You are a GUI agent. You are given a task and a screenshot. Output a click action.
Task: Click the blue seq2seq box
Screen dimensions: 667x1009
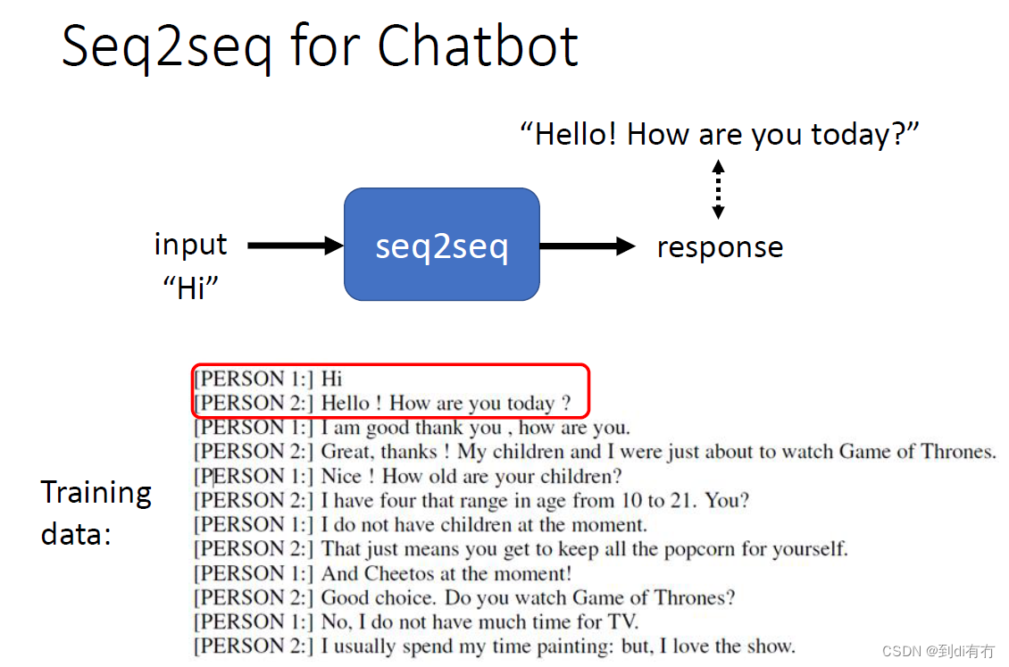pos(441,244)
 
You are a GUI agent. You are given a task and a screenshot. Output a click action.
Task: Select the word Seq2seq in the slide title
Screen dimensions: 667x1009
pos(165,46)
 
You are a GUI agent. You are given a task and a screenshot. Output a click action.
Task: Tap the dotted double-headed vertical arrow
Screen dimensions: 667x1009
pos(718,189)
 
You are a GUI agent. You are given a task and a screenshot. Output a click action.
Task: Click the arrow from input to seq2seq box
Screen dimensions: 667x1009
pos(295,245)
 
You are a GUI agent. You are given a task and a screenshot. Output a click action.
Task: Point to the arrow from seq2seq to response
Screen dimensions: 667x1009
pos(587,246)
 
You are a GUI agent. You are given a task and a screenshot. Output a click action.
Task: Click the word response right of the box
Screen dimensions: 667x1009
pos(720,247)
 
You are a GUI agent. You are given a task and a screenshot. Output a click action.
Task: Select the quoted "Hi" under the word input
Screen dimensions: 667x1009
pos(191,288)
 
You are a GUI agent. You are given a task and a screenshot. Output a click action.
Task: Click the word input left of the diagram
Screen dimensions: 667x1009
pos(190,244)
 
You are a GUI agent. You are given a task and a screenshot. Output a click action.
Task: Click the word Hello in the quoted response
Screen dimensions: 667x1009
pos(576,135)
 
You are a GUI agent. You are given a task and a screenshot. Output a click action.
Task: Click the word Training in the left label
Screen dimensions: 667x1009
pos(96,492)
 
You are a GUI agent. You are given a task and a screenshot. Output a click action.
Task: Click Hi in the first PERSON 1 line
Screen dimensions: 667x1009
pos(331,379)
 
